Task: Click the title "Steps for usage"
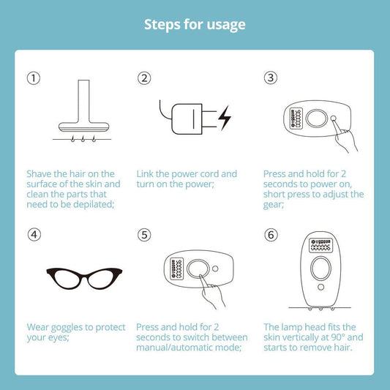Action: pos(195,25)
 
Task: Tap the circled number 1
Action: pos(34,78)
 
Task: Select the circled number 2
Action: pos(144,78)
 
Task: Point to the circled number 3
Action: pos(271,78)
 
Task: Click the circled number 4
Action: pos(34,235)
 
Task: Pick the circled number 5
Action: pos(144,235)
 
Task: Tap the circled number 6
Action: pos(271,235)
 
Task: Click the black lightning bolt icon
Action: pos(225,118)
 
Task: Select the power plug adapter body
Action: pos(187,119)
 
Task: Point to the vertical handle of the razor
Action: pos(83,102)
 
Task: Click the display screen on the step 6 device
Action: pos(320,245)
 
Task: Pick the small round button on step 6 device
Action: pos(321,287)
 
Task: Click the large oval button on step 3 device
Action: pos(317,119)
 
